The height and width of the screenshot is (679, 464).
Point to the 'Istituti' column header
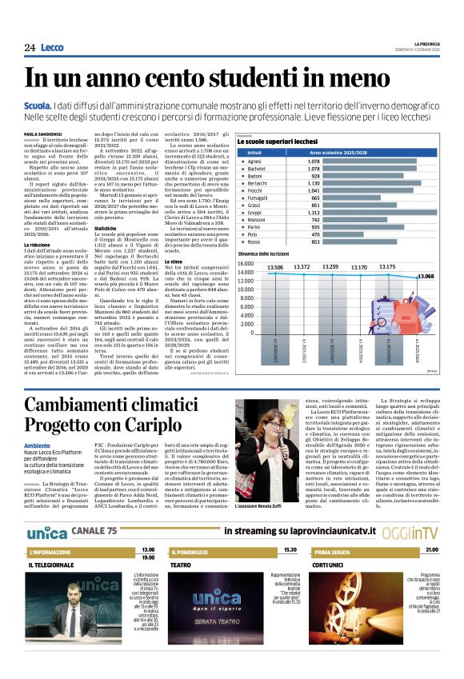coord(255,151)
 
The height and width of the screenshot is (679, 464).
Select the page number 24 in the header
coord(30,48)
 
